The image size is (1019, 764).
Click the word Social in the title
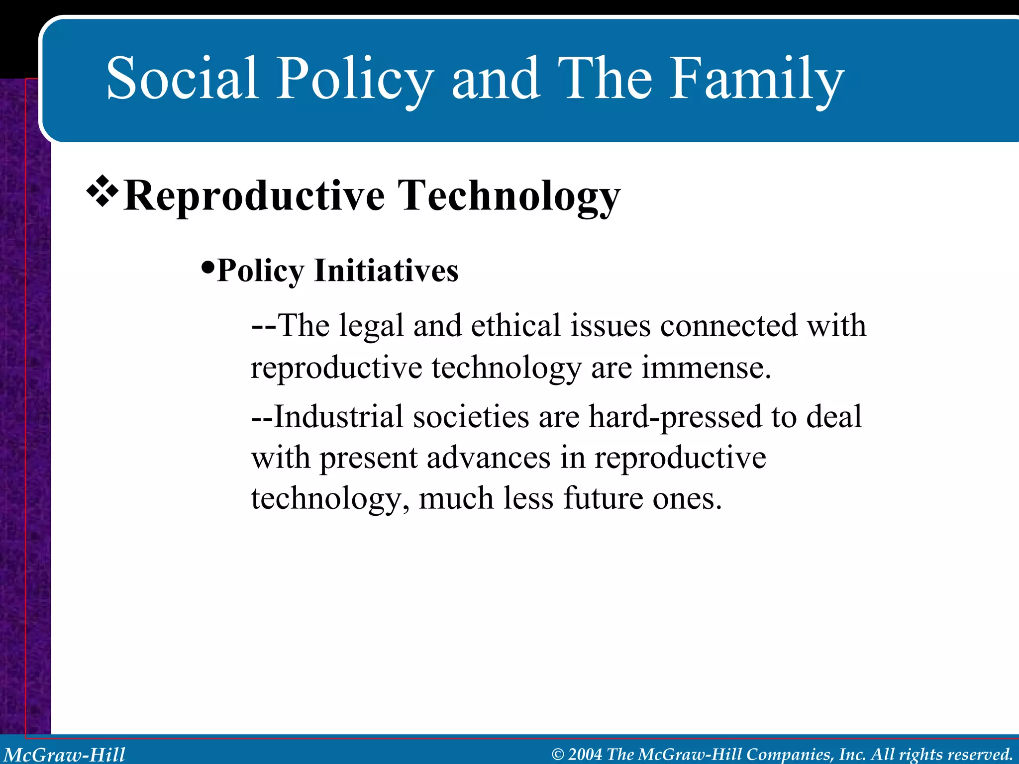click(x=182, y=78)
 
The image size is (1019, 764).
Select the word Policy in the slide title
click(x=354, y=80)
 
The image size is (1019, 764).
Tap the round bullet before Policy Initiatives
click(x=207, y=269)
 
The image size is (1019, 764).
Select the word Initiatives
click(x=386, y=271)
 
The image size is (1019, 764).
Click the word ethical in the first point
click(x=515, y=326)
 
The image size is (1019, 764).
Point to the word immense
click(x=706, y=368)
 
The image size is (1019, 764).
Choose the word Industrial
click(x=338, y=416)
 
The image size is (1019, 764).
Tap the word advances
click(x=488, y=458)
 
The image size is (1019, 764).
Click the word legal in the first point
click(x=371, y=327)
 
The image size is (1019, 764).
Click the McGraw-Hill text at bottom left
click(x=65, y=755)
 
